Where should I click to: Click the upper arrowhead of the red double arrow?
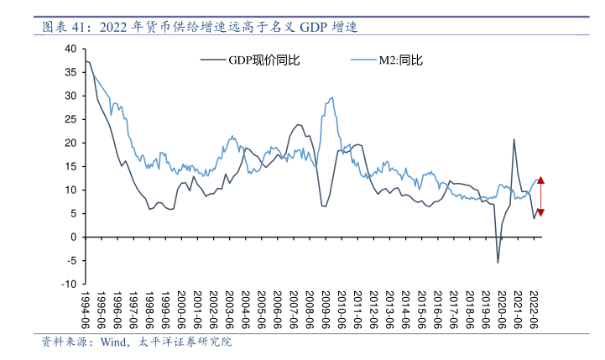pos(541,180)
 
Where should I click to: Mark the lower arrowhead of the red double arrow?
pos(541,212)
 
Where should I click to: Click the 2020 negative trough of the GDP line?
pos(498,263)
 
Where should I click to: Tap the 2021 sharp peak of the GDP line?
pos(514,139)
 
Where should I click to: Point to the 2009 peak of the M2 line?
pos(332,97)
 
